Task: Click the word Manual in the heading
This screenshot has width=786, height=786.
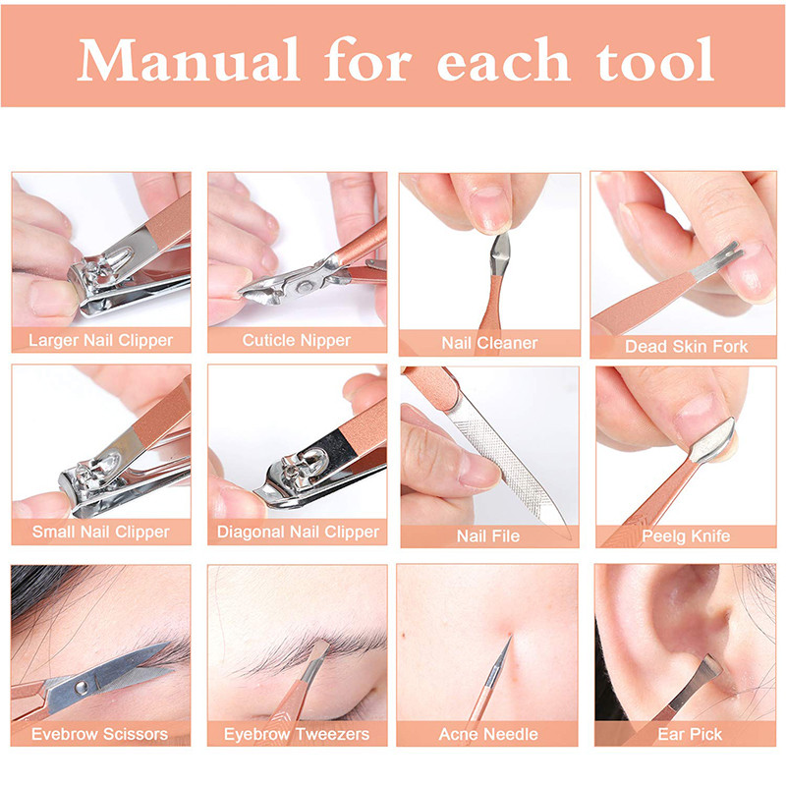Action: (189, 60)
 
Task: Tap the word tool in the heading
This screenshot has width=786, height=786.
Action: (654, 60)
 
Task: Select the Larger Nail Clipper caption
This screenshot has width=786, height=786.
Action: (100, 340)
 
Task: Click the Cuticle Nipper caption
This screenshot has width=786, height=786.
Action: (297, 340)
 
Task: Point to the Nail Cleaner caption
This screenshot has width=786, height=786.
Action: (489, 343)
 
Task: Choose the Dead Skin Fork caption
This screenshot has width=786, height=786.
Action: (686, 347)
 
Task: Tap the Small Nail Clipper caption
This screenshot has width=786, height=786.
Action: (101, 532)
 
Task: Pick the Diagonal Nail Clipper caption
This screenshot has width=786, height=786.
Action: (298, 532)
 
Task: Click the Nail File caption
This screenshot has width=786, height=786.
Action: (488, 536)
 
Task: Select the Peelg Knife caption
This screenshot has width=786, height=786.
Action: (686, 536)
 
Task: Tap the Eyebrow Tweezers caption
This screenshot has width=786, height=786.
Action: (297, 734)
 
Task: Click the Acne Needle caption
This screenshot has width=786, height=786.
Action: (488, 734)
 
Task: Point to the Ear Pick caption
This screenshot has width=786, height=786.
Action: (690, 734)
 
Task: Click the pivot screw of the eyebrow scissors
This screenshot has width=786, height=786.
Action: (82, 686)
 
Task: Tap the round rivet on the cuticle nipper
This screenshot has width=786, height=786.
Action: (304, 287)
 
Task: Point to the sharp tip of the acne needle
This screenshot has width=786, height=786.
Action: (510, 637)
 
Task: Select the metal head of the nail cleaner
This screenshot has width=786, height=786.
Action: (500, 254)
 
